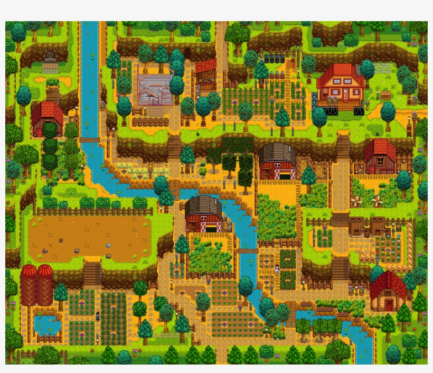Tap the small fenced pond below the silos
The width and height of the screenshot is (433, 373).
pyautogui.click(x=46, y=324)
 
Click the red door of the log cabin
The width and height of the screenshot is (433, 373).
pyautogui.click(x=389, y=305)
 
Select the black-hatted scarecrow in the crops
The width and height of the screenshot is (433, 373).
pyautogui.click(x=98, y=315)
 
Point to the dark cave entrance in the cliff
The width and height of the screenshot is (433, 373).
pyautogui.click(x=187, y=53)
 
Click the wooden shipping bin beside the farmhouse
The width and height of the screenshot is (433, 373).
pyautogui.click(x=385, y=95)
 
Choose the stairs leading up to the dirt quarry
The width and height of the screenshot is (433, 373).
pyautogui.click(x=92, y=273)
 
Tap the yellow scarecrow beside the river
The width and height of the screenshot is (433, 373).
pyautogui.click(x=150, y=170)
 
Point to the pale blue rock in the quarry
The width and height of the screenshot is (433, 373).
pyautogui.click(x=108, y=245)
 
